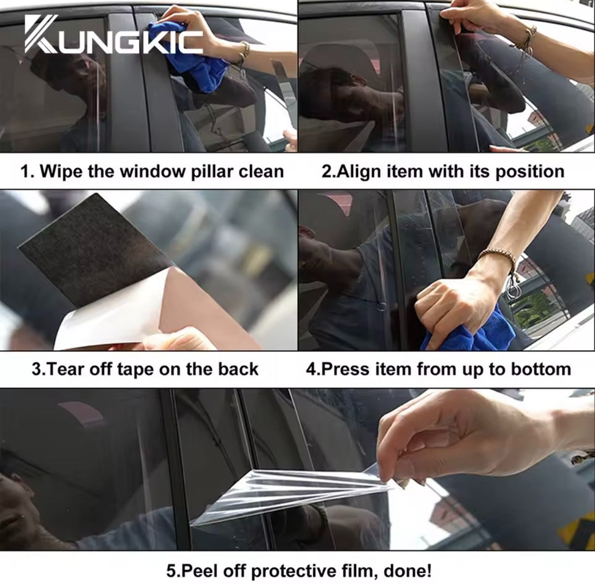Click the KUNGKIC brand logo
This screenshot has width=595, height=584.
click(114, 35)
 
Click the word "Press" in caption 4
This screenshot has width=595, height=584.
click(347, 369)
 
